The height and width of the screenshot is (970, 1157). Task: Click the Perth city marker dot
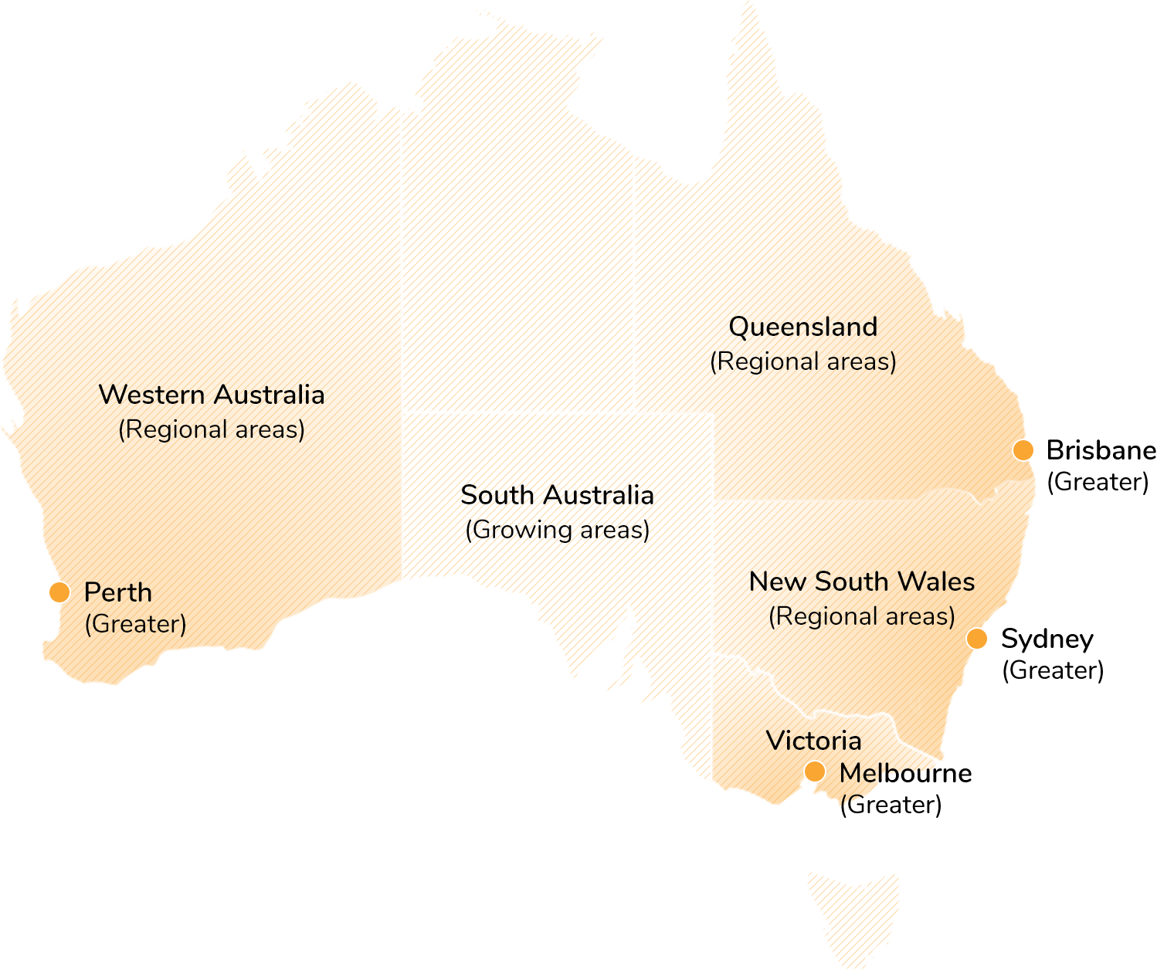59,592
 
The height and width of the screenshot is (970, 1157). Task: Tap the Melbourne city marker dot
814,772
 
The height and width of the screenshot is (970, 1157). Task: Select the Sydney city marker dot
977,639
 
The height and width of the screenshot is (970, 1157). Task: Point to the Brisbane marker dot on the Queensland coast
1023,450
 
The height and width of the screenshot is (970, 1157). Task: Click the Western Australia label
212,395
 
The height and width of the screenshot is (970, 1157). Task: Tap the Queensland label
803,327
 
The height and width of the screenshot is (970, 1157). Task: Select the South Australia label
557,495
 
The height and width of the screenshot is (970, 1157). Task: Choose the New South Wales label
862,582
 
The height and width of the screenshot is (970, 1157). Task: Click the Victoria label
813,741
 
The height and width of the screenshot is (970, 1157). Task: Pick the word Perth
118,592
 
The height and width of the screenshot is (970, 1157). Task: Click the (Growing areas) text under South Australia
557,530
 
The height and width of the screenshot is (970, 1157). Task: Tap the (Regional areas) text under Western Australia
212,429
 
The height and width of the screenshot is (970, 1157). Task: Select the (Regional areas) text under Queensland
803,361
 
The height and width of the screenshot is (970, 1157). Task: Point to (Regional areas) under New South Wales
862,616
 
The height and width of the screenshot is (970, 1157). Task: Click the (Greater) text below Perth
135,624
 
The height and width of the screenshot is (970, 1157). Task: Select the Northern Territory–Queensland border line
634,286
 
